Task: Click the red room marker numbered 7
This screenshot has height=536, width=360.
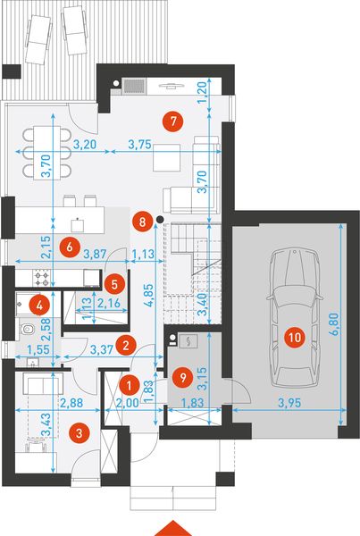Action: click(173, 121)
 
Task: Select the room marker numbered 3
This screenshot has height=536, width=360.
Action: click(79, 433)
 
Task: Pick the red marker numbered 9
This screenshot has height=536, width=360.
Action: click(183, 378)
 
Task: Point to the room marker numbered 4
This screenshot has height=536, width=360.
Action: click(39, 306)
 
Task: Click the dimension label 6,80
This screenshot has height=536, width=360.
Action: click(335, 324)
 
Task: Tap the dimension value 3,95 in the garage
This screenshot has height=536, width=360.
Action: click(289, 403)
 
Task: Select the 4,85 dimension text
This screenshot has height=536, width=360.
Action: click(149, 295)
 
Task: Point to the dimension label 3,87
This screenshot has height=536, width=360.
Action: click(96, 254)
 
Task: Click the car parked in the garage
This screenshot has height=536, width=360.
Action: click(295, 318)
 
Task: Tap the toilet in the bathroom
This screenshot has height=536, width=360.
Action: click(28, 330)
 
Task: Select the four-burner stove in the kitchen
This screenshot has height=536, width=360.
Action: click(41, 278)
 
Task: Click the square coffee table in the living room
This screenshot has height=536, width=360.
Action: click(166, 157)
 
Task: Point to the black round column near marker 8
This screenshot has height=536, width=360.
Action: click(159, 219)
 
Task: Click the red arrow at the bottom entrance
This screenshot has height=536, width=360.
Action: click(173, 529)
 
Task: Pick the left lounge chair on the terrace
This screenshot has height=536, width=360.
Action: click(38, 39)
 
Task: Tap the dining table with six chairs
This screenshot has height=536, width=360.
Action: click(47, 153)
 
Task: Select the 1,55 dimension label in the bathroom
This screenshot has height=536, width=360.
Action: click(38, 349)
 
